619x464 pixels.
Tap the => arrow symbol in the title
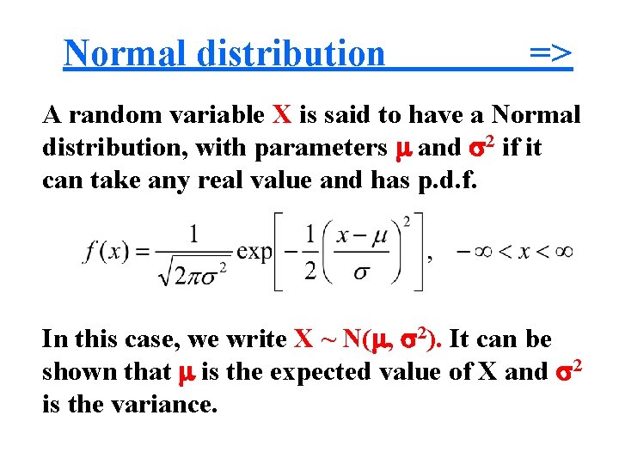pos(550,53)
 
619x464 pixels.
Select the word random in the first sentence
pos(107,114)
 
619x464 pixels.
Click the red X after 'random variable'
pos(282,114)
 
